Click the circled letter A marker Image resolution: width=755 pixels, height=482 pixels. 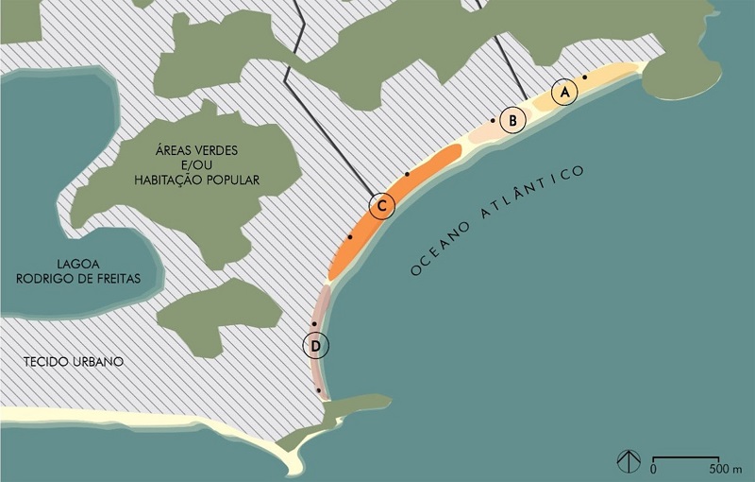(x=564, y=93)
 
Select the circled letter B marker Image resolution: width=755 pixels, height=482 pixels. (x=512, y=121)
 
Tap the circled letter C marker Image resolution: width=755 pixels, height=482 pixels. (x=381, y=207)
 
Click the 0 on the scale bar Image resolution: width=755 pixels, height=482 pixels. (x=654, y=468)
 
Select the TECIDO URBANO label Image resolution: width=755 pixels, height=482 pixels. (x=75, y=362)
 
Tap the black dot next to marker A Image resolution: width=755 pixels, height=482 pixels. (x=585, y=77)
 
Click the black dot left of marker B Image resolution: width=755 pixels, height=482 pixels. (x=493, y=121)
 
